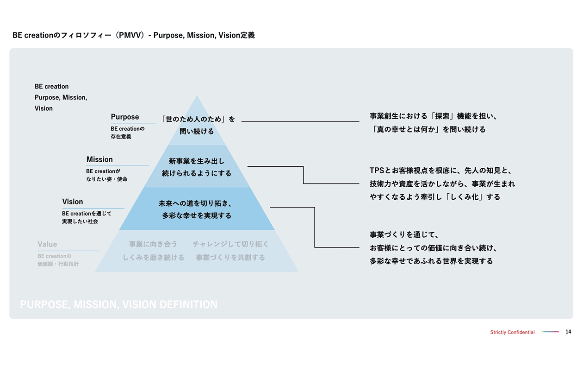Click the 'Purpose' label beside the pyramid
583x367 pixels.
tap(125, 117)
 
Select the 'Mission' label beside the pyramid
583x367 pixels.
tap(99, 160)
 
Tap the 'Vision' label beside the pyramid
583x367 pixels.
tap(73, 202)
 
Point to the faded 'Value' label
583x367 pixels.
tap(47, 244)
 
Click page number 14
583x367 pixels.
tap(568, 332)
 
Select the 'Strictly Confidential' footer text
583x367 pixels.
tap(512, 332)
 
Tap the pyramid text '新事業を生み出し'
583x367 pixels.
tap(197, 161)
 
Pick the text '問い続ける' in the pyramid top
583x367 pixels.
tap(197, 132)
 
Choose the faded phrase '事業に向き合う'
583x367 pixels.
tap(153, 244)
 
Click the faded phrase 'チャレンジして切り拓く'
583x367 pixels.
tap(230, 244)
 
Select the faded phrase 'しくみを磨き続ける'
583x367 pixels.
tap(153, 258)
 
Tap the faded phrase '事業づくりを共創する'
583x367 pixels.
tap(230, 258)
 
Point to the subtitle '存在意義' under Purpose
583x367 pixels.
tap(121, 137)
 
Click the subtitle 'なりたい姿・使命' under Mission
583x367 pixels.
tap(106, 179)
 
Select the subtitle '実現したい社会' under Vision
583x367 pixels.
tap(80, 221)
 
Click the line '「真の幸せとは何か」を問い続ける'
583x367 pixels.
tap(428, 130)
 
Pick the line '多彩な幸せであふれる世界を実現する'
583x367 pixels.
tap(431, 261)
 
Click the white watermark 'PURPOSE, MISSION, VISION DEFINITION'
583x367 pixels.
tap(119, 304)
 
